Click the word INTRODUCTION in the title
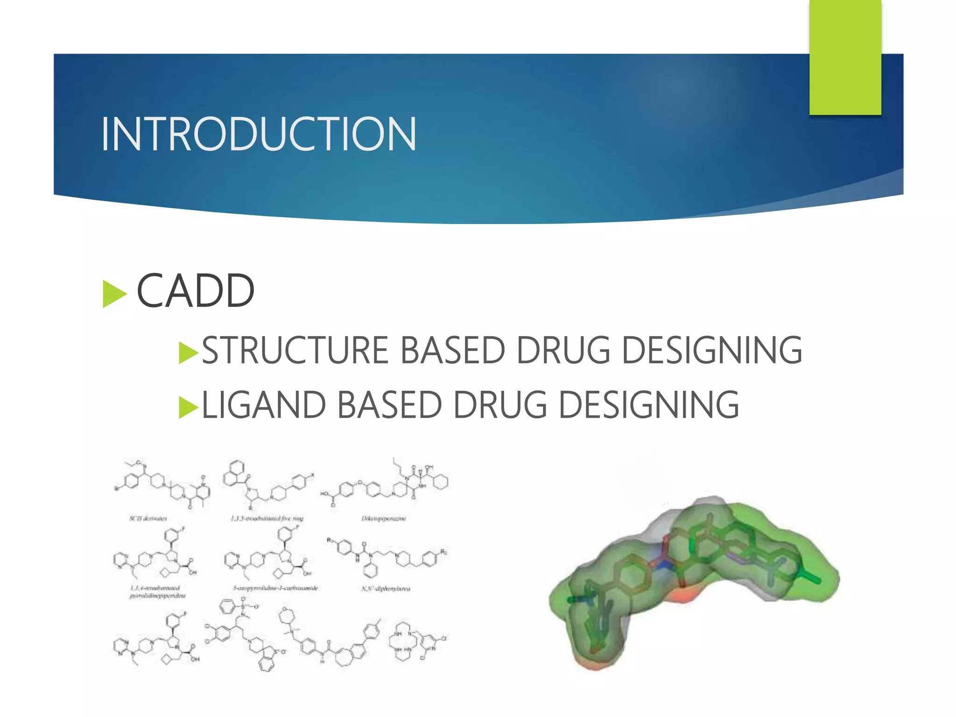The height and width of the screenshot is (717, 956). [258, 134]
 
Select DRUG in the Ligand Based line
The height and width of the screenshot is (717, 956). [500, 405]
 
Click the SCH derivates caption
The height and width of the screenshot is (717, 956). [148, 518]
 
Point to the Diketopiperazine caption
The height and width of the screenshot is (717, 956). [384, 518]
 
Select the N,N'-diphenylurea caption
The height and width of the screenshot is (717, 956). [386, 589]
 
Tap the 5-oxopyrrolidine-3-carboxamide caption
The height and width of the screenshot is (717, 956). [275, 588]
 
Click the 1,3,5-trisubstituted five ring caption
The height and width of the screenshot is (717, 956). [267, 518]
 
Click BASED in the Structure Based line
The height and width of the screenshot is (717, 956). [452, 350]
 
